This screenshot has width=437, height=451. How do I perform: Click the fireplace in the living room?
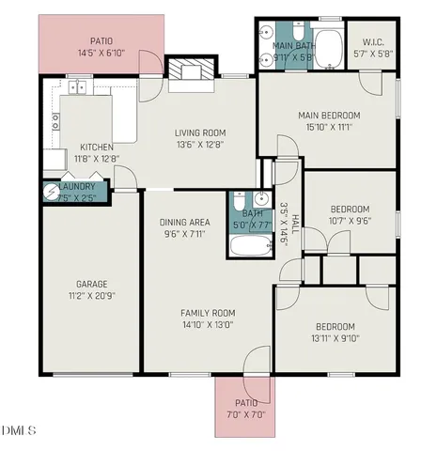tap(184, 70)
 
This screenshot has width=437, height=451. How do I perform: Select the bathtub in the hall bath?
tap(249, 248)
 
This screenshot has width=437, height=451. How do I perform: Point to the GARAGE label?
tap(92, 284)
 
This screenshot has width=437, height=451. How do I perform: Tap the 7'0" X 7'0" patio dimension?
tap(246, 414)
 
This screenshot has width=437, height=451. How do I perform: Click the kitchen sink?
tap(77, 88)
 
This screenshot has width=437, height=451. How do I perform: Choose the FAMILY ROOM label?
tap(209, 313)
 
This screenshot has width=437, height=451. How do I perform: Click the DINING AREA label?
tap(184, 223)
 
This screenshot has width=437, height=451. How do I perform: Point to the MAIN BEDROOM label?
tap(328, 116)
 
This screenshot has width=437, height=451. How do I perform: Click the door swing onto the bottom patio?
tap(252, 361)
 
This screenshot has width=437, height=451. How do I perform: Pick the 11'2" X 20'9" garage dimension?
tap(92, 295)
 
